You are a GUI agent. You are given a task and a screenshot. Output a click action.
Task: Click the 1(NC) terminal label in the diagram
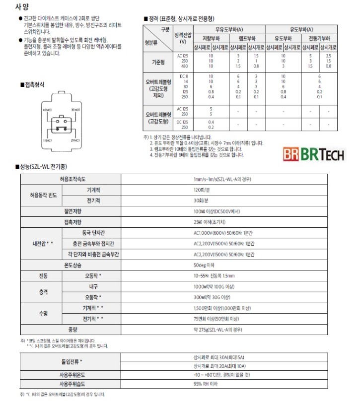(x=48, y=140)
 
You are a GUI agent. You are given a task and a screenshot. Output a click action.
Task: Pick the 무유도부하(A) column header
(x=229, y=30)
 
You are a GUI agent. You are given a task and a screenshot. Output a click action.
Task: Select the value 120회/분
(x=200, y=190)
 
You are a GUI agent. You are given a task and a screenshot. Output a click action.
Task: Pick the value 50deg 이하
(x=204, y=265)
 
